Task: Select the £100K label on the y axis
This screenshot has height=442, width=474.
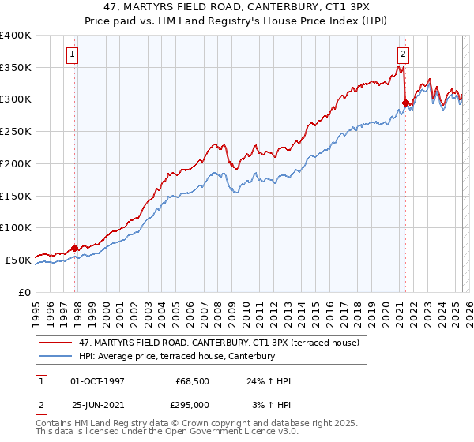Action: coord(15,227)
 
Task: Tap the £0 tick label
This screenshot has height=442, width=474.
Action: coord(24,291)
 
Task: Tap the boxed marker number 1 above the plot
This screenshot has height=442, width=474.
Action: coord(72,54)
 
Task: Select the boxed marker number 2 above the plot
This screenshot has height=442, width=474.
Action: coord(403,54)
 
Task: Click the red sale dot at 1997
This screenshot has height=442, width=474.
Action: coord(74,247)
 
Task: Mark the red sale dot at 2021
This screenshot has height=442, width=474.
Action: coord(405,102)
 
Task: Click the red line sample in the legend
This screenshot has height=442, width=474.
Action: coord(56,343)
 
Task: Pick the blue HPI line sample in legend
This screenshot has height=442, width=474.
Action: coord(56,356)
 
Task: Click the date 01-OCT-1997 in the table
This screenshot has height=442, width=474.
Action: coord(98,381)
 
